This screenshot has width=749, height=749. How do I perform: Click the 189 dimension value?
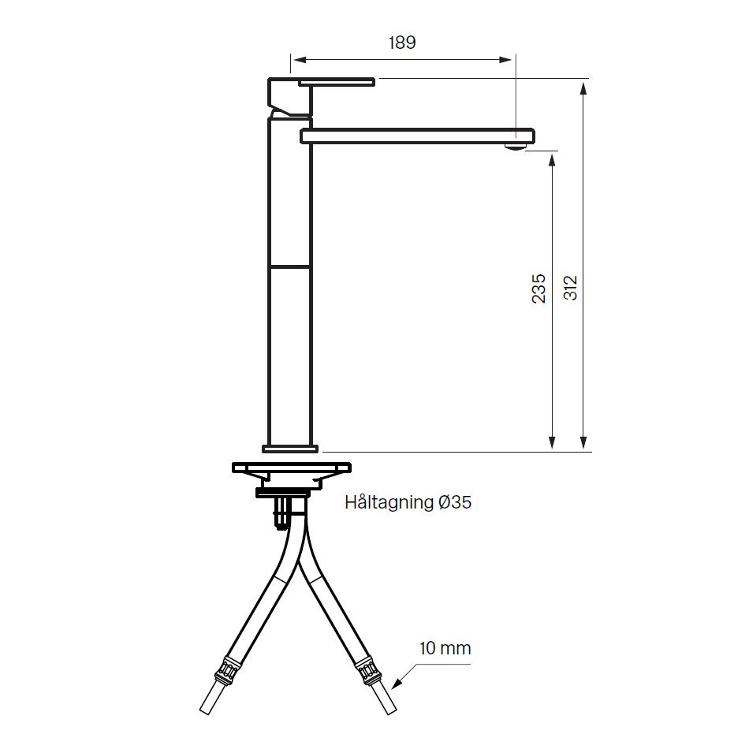pos(402,43)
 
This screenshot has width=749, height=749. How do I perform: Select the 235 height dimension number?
pos(538,288)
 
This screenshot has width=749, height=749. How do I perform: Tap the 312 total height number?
pos(570,288)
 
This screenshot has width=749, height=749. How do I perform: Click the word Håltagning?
pos(389,503)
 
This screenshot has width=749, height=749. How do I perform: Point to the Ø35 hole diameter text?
pos(454,502)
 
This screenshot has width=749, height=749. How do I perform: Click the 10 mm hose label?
pos(445,648)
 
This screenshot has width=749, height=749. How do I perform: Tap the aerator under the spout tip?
pos(515,147)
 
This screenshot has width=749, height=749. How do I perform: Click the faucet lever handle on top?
pos(337,82)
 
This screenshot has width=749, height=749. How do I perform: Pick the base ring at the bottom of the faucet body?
pos(290,449)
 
